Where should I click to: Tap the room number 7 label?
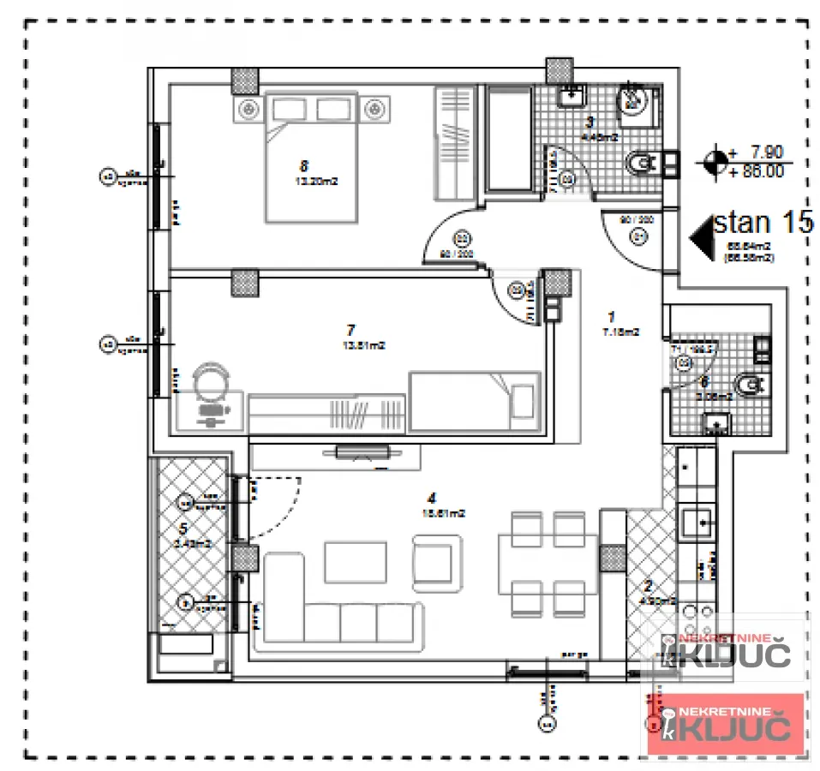click(x=350, y=329)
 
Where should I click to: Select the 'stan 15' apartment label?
click(x=763, y=224)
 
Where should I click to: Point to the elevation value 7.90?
click(x=766, y=152)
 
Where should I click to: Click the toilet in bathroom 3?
click(x=643, y=161)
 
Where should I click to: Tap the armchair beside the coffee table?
click(x=438, y=561)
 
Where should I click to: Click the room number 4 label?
click(x=434, y=497)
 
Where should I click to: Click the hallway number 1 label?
click(x=612, y=314)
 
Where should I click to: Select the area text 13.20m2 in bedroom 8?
click(x=311, y=181)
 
